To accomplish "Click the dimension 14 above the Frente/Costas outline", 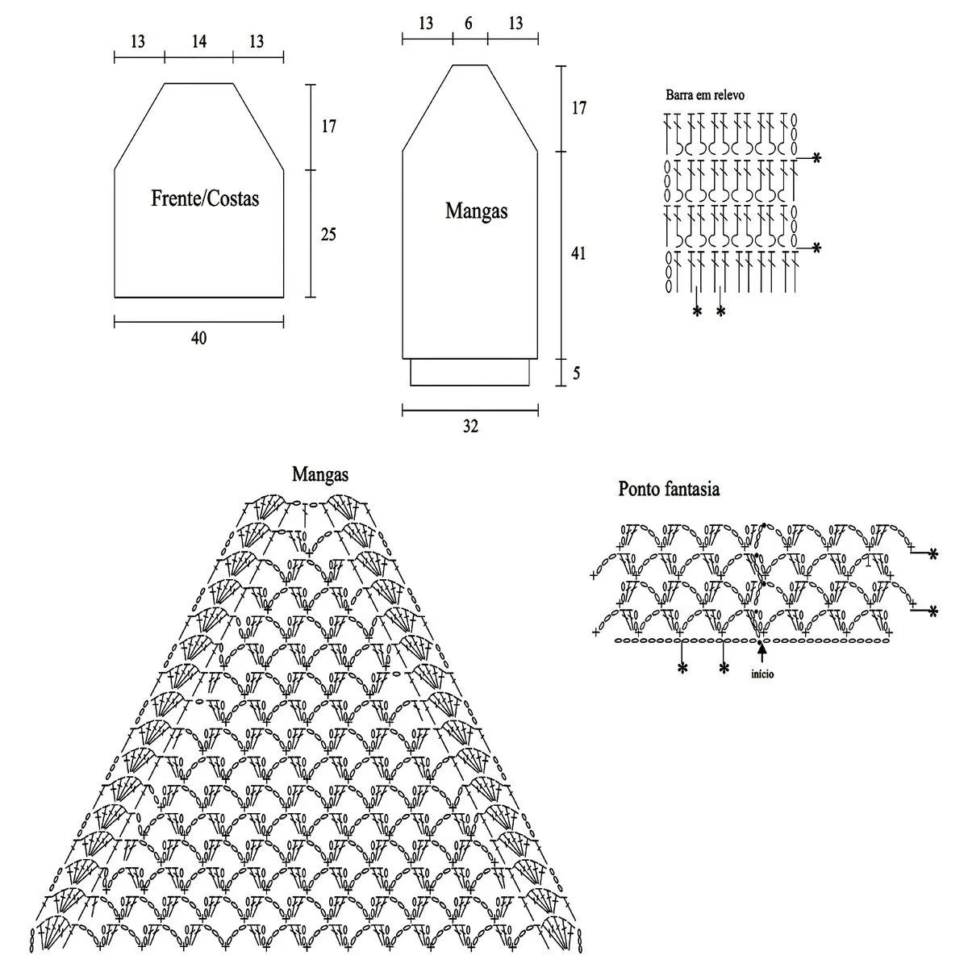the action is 199,41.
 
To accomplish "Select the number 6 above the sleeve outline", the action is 469,23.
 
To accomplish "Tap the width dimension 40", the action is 199,338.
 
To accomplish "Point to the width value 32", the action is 470,427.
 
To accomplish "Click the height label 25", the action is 328,235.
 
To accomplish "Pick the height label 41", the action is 578,253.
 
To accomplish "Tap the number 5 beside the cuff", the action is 577,373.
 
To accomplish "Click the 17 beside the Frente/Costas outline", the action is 328,126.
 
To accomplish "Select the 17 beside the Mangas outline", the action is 579,108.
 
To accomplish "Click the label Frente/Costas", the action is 205,198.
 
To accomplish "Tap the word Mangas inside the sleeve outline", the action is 476,211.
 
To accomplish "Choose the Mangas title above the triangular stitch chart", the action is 320,474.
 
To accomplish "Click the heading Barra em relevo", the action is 705,95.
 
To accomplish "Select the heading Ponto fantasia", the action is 669,489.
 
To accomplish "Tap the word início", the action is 762,674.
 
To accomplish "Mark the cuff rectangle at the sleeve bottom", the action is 469,372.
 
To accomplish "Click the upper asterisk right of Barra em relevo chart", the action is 817,159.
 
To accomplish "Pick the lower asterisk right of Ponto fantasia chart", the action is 933,611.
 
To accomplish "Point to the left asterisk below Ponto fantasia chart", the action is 682,668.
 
